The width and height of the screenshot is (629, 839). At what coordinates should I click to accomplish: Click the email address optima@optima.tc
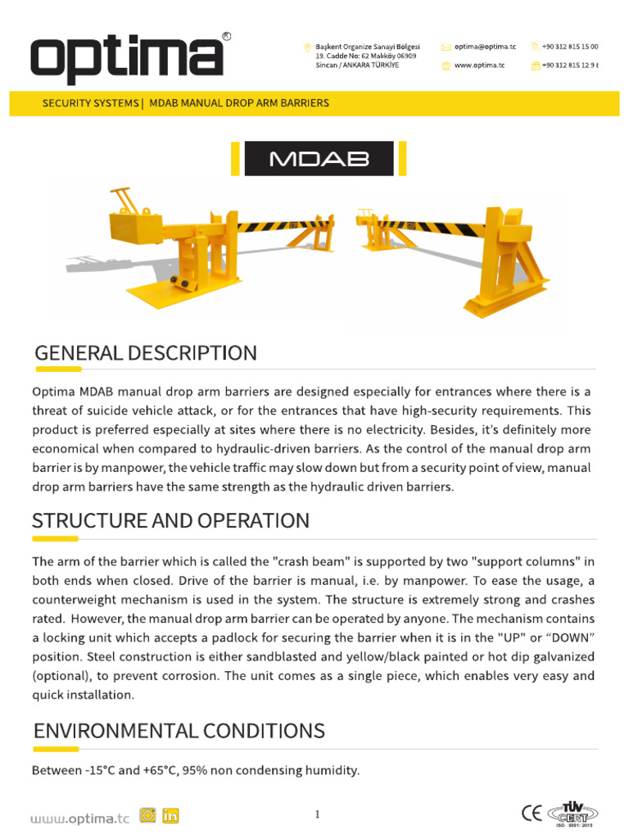486,48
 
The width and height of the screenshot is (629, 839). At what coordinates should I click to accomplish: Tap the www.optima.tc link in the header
479,66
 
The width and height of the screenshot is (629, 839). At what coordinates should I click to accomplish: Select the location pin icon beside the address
307,48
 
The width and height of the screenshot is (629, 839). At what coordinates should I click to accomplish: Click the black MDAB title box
319,158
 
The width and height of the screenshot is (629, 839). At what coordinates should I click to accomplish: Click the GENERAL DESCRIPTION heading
145,353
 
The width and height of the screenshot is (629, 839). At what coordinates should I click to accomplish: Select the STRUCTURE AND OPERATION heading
170,520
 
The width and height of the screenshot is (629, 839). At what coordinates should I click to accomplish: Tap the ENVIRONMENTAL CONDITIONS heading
179,730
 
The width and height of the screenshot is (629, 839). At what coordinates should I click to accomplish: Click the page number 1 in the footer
316,814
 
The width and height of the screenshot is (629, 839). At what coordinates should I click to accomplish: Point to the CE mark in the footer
532,813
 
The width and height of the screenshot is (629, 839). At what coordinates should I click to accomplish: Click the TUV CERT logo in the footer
573,811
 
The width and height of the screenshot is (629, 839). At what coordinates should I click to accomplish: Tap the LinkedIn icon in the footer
170,815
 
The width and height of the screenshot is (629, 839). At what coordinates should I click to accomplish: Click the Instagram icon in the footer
147,815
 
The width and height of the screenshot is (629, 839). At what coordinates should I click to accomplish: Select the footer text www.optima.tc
79,817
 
